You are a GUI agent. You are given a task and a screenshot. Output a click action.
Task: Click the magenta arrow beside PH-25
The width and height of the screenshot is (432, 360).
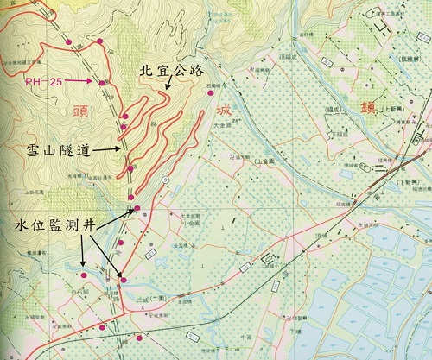pos(80,81)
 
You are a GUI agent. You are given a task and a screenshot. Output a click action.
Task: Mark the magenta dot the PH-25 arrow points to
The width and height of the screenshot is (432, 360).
pos(102,82)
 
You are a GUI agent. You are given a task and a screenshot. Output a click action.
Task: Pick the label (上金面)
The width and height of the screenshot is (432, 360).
pos(264,161)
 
